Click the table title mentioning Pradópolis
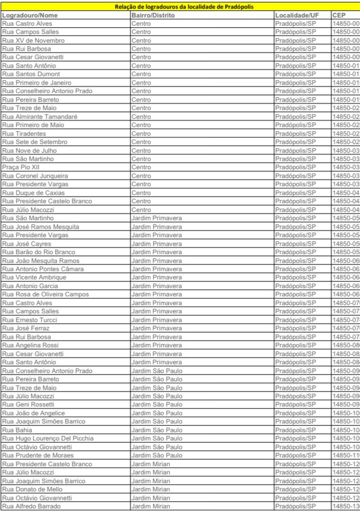click(180, 7)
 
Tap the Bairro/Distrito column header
click(153, 15)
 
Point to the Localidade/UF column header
click(297, 15)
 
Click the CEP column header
click(340, 15)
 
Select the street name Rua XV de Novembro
click(33, 40)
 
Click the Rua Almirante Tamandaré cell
click(40, 116)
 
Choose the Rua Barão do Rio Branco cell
click(39, 252)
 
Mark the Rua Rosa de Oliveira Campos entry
click(45, 294)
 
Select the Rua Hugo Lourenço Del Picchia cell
click(48, 438)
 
